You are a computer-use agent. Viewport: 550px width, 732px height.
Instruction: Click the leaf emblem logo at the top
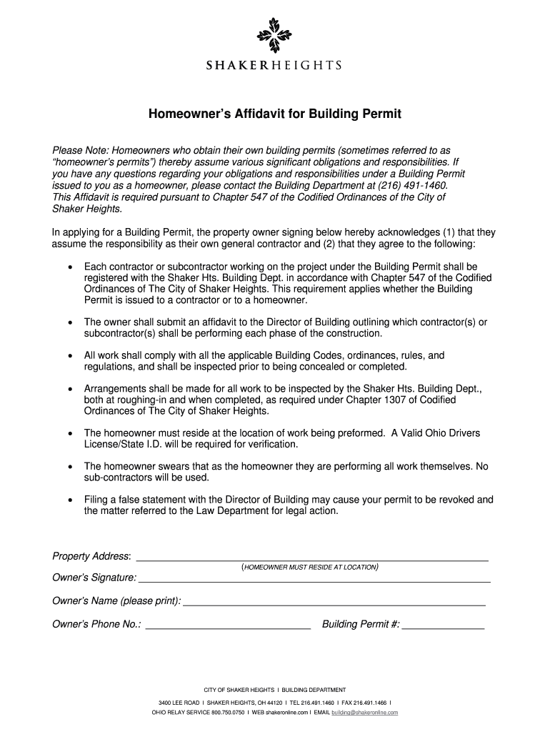274,36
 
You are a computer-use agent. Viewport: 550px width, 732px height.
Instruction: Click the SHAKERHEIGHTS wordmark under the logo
274,66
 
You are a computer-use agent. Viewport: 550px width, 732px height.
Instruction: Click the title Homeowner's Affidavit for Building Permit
274,114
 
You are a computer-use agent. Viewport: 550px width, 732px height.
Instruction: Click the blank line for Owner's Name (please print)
334,605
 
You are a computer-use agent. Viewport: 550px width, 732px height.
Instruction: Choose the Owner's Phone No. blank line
228,628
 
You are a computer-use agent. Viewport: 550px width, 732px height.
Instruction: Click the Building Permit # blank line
443,628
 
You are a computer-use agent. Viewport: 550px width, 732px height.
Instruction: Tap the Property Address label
91,556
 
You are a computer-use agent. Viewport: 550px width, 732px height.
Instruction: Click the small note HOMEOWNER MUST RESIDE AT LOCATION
310,568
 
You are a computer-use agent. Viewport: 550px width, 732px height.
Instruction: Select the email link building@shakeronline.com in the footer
364,713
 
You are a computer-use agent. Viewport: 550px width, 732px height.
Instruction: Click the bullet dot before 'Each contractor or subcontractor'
69,266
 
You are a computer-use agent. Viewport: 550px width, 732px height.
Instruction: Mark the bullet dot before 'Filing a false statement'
69,500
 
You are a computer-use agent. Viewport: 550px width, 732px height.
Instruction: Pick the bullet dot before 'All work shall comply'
69,355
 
